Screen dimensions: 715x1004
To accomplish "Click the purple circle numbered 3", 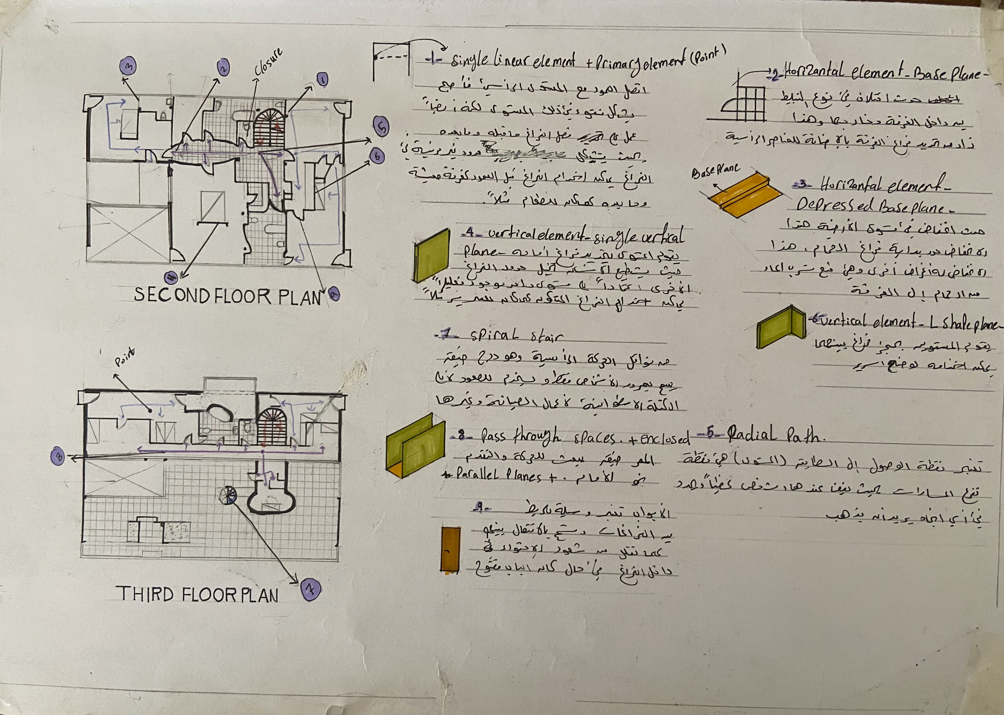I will pyautogui.click(x=128, y=67).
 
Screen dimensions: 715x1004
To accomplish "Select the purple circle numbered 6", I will pyautogui.click(x=377, y=156).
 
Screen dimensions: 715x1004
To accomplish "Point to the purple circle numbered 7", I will pyautogui.click(x=311, y=589).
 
